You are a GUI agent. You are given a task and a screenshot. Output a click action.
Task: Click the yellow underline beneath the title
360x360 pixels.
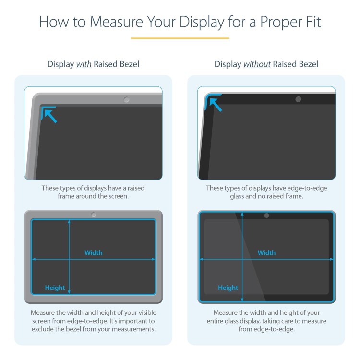180,38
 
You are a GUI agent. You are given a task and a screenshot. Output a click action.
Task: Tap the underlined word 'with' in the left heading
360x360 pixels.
84,64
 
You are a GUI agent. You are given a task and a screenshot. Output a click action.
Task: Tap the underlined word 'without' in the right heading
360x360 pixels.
257,64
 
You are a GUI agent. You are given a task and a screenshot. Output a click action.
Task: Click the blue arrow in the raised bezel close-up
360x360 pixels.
49,115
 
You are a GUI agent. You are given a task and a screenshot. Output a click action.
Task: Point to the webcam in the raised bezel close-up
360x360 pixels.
126,100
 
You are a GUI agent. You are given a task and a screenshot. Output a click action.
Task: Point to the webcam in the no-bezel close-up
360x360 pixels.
298,99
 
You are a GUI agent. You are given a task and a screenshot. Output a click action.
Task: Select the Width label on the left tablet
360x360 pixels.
94,253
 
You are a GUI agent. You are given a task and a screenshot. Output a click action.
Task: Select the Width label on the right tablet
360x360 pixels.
266,253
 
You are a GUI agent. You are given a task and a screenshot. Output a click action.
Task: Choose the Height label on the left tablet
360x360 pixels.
55,288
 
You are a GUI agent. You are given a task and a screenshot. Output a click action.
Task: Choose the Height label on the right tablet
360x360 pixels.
228,288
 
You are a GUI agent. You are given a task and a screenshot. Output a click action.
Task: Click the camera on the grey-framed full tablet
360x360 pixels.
94,215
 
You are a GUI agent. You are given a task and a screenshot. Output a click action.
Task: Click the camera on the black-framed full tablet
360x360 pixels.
266,216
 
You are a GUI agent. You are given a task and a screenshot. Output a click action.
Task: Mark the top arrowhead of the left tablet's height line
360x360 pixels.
70,222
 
